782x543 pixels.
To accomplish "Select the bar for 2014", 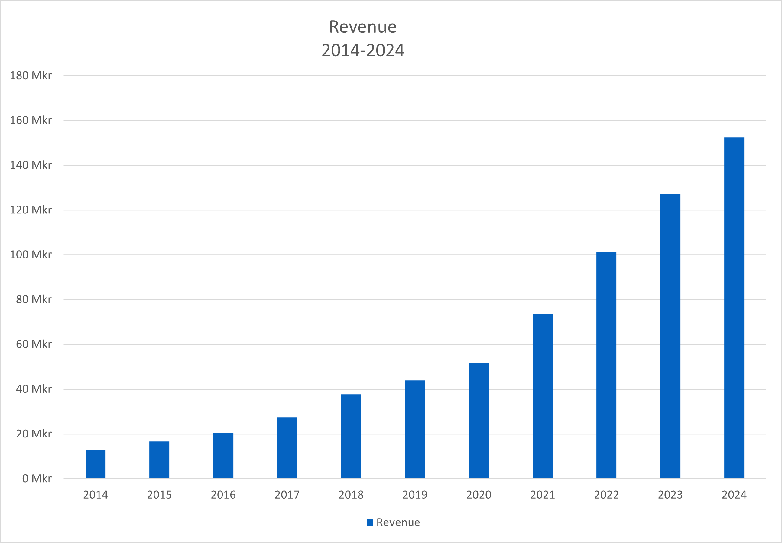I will pos(95,464).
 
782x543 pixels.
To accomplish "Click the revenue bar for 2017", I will pos(287,448).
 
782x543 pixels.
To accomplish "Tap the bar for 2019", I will pos(415,429).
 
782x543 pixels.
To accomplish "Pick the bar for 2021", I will pos(543,396).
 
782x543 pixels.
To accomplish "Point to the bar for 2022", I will pos(606,366).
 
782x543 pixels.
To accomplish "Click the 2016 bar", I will pos(223,456).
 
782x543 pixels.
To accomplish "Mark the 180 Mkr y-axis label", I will pos(31,76).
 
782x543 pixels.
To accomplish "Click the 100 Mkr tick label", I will pos(31,255).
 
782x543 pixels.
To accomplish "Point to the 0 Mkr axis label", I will pos(37,479).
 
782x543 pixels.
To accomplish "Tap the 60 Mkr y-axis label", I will pos(34,344).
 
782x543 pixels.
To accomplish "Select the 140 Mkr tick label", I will pos(31,165).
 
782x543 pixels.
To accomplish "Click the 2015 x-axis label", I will pos(159,495).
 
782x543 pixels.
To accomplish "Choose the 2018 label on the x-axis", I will pos(351,495).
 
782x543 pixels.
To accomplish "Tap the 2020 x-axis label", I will pos(479,495).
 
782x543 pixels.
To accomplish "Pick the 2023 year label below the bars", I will pos(670,495).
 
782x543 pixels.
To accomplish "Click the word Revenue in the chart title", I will pos(363,27).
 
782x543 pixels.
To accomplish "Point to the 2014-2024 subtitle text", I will pos(363,50).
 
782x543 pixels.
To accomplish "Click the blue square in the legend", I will pos(370,522).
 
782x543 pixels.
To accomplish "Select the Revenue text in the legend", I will pos(398,522).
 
